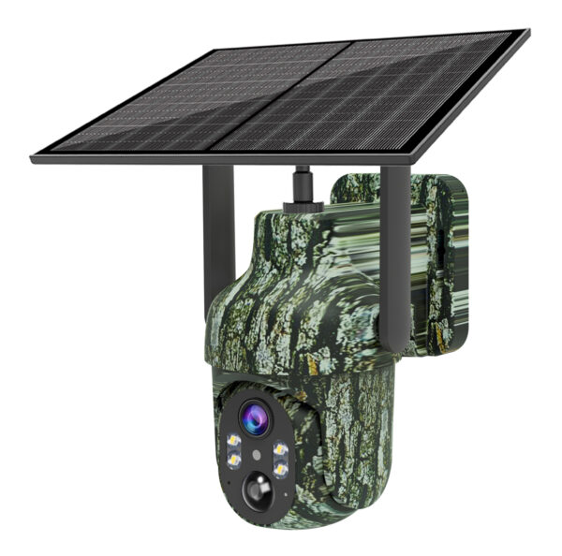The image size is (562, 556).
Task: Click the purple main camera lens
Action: (254, 417)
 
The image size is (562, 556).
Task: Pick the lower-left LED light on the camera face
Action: (234, 460)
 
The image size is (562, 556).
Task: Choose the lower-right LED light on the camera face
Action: (277, 467)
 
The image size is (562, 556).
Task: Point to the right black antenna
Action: (394, 234)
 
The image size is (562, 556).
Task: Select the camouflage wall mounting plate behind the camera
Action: (440, 262)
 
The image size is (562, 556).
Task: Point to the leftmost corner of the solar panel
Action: (34, 159)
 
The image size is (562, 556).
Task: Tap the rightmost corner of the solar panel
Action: (527, 34)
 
